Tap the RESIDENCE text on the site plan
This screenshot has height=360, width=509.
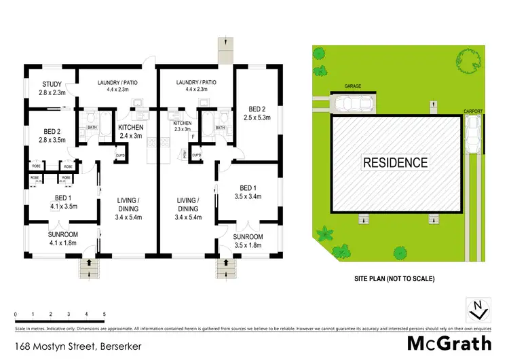tap(395, 162)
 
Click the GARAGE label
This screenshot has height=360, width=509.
tap(352, 87)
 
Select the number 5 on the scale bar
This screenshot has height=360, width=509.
tap(104, 314)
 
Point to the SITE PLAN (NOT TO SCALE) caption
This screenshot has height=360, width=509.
tap(394, 278)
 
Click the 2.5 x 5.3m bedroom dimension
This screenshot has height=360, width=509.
tap(257, 117)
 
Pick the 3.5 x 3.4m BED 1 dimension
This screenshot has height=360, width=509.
tap(247, 197)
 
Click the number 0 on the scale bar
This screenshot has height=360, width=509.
tap(15, 314)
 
